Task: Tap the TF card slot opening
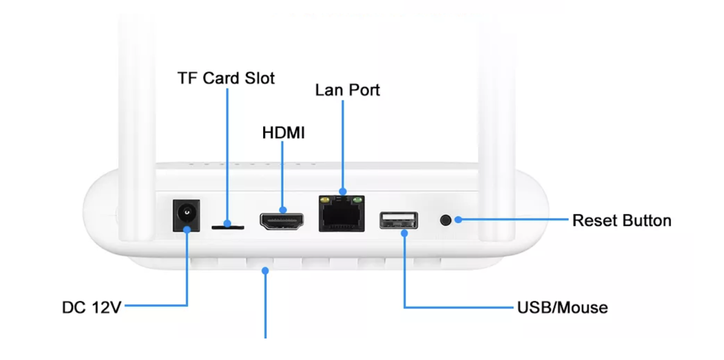pos(227,227)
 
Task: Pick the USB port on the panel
pos(398,221)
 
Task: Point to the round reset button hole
pos(446,219)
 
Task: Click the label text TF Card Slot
pos(226,79)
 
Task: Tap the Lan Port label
pos(347,90)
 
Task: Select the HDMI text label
pos(283,133)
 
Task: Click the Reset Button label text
pos(621,220)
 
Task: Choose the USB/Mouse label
pos(562,307)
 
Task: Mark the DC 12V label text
pos(92,307)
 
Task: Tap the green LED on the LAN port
pos(356,200)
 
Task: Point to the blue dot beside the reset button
pos(458,219)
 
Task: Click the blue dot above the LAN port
pos(342,192)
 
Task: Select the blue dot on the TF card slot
pos(227,223)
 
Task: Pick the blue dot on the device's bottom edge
pos(266,270)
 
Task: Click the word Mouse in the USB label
pos(582,307)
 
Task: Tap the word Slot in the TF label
pos(259,79)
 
